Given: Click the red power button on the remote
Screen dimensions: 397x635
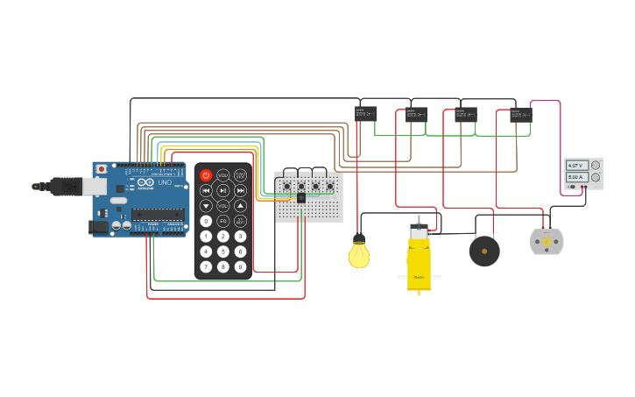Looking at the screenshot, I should click(206, 175).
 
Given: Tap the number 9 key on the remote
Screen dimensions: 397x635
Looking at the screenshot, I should click(240, 266).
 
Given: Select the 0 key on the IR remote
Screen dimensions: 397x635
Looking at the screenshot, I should click(206, 221).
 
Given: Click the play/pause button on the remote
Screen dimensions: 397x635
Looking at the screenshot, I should click(222, 190).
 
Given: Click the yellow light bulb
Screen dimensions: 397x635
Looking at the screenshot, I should click(359, 254).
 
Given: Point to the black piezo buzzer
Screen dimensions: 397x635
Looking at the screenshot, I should click(484, 252).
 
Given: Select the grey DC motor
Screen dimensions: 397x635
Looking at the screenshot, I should click(547, 242).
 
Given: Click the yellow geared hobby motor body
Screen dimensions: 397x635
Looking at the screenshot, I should click(419, 263).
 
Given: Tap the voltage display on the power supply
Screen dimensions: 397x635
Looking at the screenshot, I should click(576, 165).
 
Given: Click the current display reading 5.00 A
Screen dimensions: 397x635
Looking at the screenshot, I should click(576, 177).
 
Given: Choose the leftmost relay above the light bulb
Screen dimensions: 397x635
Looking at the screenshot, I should click(365, 113).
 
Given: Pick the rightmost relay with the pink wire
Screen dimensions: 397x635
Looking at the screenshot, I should click(520, 115).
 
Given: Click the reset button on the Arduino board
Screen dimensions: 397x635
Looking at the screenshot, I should click(102, 168).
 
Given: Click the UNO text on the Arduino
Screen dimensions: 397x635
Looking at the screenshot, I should click(165, 182).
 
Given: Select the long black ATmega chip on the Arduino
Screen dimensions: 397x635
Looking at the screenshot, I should click(158, 214).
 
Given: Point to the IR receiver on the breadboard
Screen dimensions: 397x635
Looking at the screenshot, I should click(301, 198).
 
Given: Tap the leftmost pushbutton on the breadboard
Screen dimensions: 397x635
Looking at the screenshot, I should click(286, 186).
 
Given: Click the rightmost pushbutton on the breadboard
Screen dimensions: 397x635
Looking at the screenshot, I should click(330, 186).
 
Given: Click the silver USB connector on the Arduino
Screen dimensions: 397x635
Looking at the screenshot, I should click(94, 186).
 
